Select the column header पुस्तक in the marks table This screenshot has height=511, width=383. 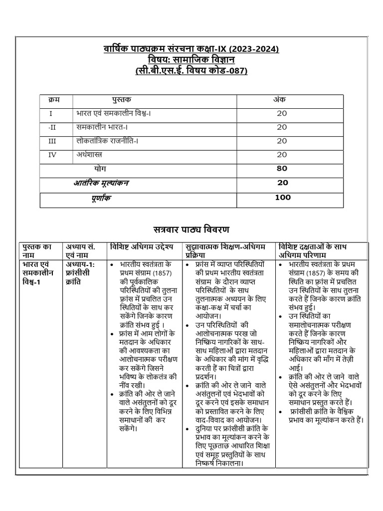[x=122, y=100]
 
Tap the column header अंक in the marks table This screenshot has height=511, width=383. [x=279, y=100]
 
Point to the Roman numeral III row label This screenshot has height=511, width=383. [x=52, y=141]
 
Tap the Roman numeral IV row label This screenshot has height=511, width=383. [x=52, y=155]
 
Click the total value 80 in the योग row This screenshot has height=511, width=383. [x=282, y=169]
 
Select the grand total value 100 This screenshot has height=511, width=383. [x=282, y=198]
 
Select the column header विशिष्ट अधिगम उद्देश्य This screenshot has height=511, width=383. [x=141, y=247]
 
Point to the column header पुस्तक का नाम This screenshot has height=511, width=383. [x=37, y=251]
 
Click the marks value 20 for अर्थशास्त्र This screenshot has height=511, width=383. [x=282, y=155]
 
